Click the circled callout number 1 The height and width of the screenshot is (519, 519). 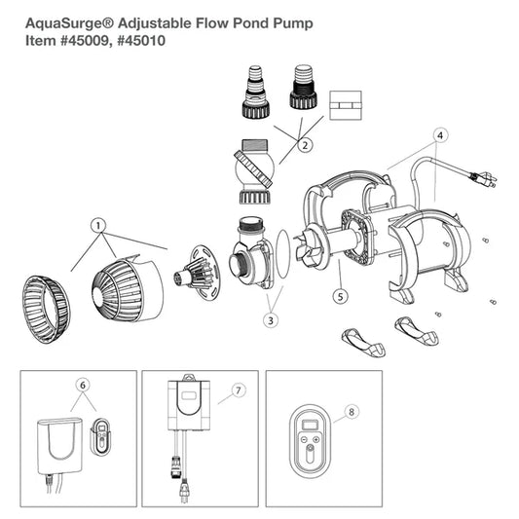click(x=98, y=226)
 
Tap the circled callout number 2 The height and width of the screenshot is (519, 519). click(x=305, y=145)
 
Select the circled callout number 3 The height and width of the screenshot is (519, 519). click(x=271, y=320)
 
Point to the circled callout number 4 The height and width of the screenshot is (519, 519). click(x=440, y=135)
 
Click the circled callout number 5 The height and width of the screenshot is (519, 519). click(x=340, y=296)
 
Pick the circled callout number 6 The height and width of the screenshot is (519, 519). click(x=83, y=385)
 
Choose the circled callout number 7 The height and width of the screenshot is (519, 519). click(x=239, y=390)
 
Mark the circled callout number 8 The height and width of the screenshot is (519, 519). click(x=352, y=412)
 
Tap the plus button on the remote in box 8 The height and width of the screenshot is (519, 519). click(x=315, y=440)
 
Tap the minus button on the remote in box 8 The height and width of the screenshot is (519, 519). click(x=305, y=440)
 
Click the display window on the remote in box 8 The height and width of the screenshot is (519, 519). click(x=311, y=425)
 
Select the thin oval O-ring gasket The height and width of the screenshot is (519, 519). click(x=283, y=253)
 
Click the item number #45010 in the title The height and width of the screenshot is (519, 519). click(x=141, y=41)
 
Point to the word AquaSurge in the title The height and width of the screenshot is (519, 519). click(x=65, y=24)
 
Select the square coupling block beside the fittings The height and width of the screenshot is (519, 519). click(x=346, y=105)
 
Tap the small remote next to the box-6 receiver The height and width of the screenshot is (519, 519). click(x=100, y=436)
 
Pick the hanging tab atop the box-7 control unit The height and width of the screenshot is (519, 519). click(x=189, y=378)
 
